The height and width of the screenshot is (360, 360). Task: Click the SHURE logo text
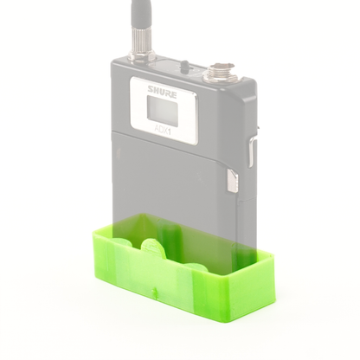click(163, 92)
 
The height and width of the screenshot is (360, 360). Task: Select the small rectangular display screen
click(162, 111)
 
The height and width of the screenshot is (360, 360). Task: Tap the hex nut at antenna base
click(142, 56)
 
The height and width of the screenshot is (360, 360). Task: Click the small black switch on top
click(185, 66)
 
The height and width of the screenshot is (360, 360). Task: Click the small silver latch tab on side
click(233, 181)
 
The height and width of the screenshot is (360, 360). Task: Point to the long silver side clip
click(251, 151)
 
